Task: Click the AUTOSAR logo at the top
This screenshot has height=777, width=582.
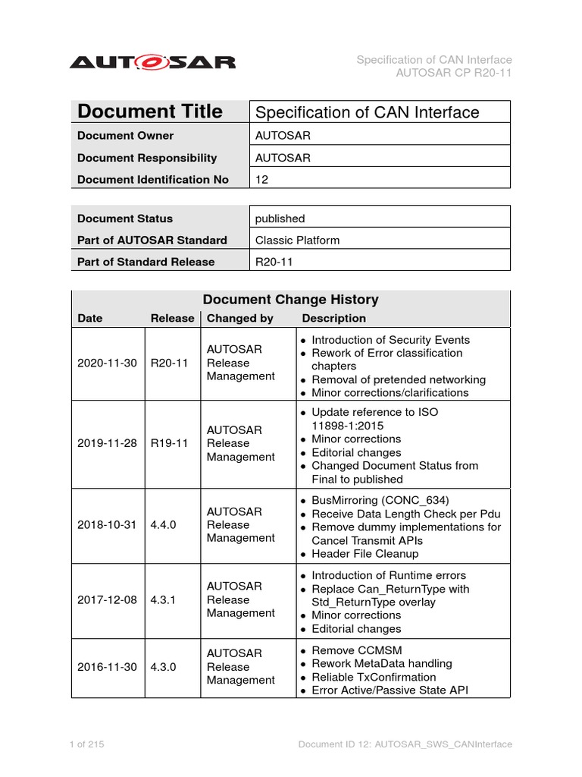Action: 152,62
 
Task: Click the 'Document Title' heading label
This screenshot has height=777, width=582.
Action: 150,112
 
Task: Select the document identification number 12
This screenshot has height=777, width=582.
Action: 262,180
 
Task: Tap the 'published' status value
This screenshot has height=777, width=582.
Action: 280,219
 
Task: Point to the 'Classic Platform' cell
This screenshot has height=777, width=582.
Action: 298,240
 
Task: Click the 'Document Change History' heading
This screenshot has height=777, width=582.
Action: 292,300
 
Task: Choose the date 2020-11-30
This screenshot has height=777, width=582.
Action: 107,363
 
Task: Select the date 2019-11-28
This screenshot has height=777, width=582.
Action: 107,443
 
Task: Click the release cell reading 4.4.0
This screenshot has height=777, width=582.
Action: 164,524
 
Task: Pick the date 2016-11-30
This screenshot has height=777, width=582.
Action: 107,667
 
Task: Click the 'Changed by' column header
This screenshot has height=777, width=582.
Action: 240,319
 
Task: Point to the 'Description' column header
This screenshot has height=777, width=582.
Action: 333,319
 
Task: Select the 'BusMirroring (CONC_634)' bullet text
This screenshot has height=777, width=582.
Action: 380,500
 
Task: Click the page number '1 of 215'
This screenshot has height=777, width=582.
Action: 86,744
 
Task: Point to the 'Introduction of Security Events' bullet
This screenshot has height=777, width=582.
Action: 390,340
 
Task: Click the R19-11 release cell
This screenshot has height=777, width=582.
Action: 169,443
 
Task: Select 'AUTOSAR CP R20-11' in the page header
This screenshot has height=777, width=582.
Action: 454,73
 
